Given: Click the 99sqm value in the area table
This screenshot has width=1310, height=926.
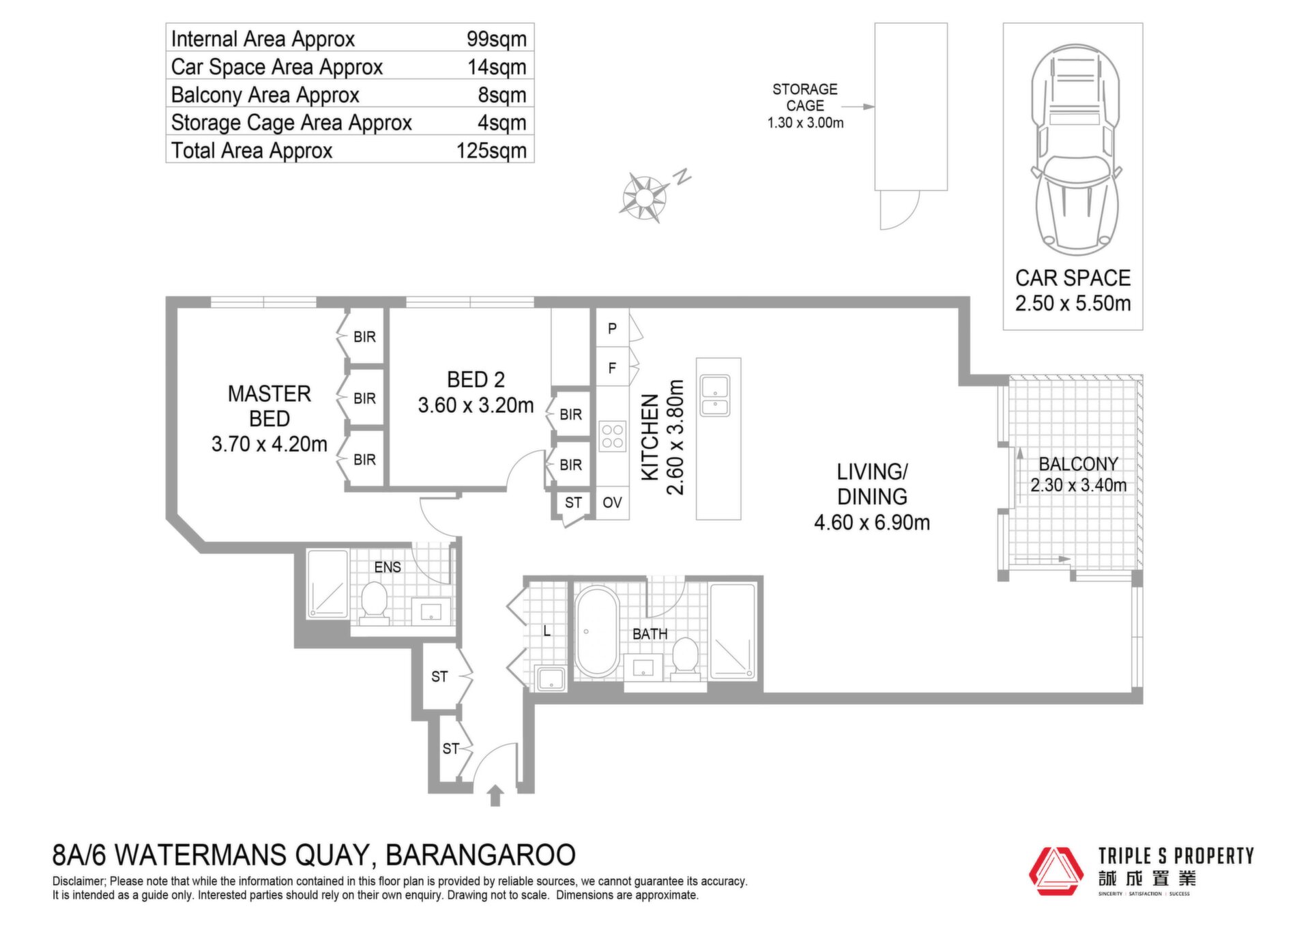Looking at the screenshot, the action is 497,39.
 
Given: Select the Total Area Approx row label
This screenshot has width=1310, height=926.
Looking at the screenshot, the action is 252,150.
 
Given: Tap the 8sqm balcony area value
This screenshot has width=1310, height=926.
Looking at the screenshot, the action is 502,95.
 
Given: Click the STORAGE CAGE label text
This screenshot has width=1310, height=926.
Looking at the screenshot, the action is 805,98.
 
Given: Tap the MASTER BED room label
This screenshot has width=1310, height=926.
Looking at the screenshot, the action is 270,406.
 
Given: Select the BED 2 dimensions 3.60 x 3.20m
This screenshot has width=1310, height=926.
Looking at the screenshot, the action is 476,405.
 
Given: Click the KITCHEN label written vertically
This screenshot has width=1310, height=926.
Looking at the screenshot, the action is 650,437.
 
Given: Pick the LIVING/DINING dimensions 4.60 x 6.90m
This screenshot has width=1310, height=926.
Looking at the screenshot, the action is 872,523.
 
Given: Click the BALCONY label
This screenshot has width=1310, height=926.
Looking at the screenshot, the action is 1078,464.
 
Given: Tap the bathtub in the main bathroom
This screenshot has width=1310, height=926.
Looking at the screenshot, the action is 597,631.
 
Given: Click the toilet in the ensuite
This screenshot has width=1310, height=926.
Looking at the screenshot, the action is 374,603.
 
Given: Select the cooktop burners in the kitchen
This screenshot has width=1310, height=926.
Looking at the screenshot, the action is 613,437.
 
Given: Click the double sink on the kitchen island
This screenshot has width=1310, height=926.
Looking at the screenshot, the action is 715,396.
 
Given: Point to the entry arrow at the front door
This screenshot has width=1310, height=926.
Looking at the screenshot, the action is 495,796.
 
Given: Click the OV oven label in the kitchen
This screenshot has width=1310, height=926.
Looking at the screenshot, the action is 612,503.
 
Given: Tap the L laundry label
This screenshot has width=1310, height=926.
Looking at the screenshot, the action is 547,631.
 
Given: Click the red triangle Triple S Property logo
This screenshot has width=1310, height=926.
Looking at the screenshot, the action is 1056,871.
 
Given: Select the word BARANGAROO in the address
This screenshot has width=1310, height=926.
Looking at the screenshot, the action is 480,855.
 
